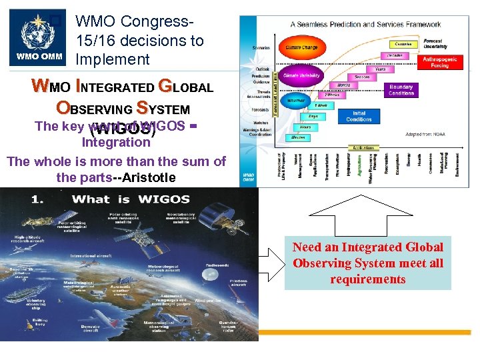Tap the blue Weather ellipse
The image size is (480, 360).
295,101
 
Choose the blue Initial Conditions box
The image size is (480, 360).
359,116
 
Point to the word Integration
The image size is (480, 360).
116,142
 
